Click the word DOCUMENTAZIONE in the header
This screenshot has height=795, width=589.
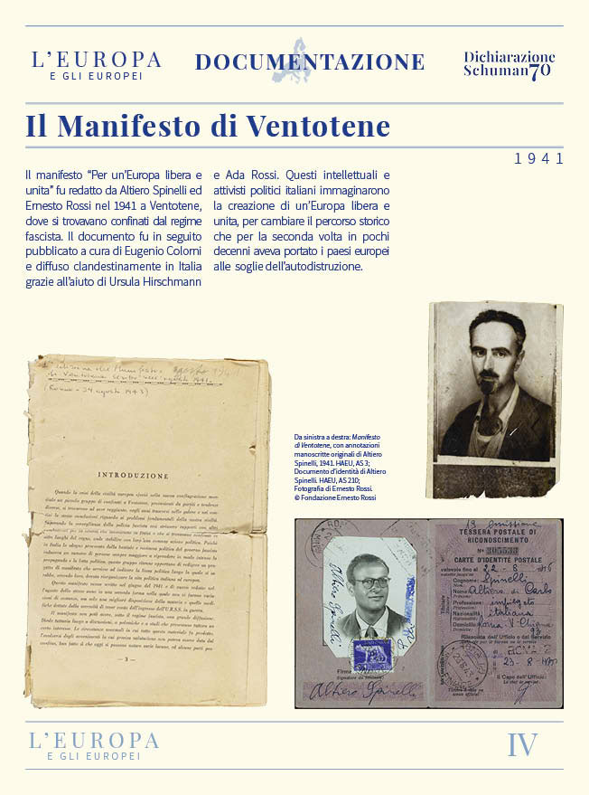point(310,62)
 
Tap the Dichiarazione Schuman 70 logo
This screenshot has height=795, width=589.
point(509,65)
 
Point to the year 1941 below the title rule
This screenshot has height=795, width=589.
point(538,159)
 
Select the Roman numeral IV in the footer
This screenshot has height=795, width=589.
point(522,745)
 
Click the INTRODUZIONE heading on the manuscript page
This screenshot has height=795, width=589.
point(133,475)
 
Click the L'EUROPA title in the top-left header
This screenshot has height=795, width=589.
point(96,61)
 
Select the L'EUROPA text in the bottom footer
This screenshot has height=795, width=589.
point(94,741)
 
